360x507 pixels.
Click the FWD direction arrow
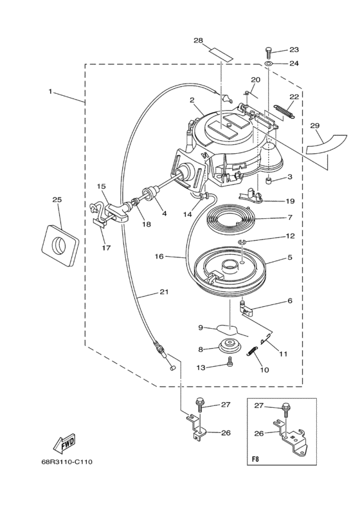tap(64, 444)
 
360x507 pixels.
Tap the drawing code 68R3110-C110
tap(67, 462)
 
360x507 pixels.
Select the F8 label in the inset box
tap(255, 459)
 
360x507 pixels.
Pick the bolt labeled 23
tap(268, 52)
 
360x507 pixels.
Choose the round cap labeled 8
tap(230, 346)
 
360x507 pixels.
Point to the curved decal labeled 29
tap(326, 144)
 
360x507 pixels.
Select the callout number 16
tap(159, 257)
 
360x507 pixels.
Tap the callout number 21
tap(164, 292)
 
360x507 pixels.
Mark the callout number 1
tap(50, 91)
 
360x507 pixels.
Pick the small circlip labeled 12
tap(242, 241)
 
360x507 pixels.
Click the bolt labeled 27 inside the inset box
tap(285, 410)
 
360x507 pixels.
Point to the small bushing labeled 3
tap(268, 179)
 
